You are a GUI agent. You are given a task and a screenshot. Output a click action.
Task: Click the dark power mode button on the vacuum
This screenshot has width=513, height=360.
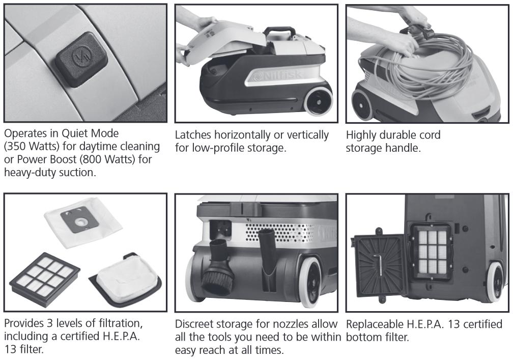[81, 59]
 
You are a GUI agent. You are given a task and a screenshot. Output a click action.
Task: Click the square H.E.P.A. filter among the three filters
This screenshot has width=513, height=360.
[45, 279]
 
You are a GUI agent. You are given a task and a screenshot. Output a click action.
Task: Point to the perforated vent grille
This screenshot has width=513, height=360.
[280, 233]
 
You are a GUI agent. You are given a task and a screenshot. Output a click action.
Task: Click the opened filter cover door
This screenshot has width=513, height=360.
[380, 265]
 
